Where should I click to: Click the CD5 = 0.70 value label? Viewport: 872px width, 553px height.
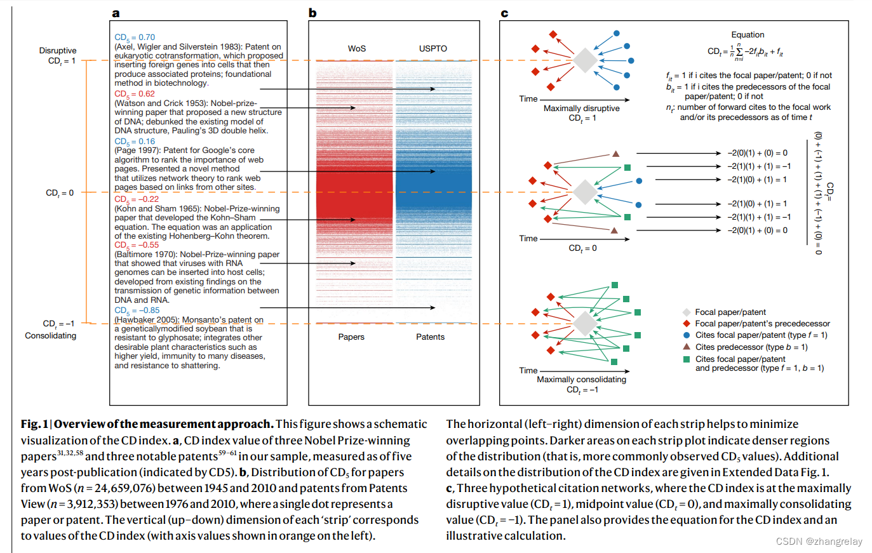[x=135, y=37]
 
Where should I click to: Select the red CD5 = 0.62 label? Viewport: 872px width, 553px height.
[x=135, y=94]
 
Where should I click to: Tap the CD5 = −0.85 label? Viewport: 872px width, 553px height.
[x=137, y=310]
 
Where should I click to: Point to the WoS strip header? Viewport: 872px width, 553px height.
[x=357, y=48]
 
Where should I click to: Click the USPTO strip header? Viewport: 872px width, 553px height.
[x=433, y=48]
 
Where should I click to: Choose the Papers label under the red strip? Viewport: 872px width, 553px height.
[x=351, y=337]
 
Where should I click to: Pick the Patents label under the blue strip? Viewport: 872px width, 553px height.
[x=430, y=337]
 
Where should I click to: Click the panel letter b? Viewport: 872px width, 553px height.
[x=312, y=13]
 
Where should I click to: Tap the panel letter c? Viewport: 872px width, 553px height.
[x=504, y=13]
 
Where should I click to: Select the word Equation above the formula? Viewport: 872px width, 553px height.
[x=748, y=35]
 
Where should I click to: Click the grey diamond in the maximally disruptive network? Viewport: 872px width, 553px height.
[x=585, y=61]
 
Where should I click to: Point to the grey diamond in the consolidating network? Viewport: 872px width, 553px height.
[x=585, y=324]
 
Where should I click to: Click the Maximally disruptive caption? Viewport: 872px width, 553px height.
[x=582, y=109]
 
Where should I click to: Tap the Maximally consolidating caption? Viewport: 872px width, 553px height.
[x=582, y=380]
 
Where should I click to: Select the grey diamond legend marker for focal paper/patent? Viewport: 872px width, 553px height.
[x=687, y=312]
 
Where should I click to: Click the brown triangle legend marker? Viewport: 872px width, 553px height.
[x=687, y=347]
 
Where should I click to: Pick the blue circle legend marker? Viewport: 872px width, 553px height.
[x=687, y=335]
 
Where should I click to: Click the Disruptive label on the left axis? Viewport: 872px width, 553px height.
[x=58, y=51]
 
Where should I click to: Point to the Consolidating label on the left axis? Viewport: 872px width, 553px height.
[x=51, y=336]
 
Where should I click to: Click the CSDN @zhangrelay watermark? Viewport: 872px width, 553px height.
[x=819, y=542]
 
